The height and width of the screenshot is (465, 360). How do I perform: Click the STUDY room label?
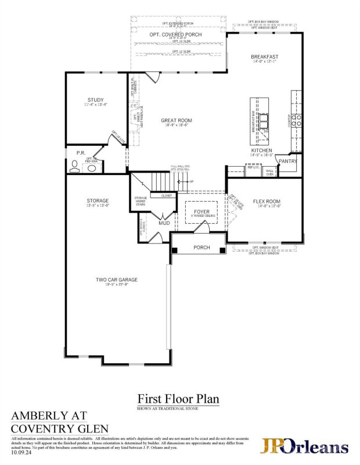click(96, 100)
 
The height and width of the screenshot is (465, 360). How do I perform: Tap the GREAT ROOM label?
click(176, 121)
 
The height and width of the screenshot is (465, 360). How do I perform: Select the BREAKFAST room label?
click(264, 57)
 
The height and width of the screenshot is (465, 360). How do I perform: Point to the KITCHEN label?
click(261, 150)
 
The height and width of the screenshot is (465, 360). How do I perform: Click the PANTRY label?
click(288, 161)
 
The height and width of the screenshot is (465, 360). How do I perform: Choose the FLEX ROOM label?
click(267, 201)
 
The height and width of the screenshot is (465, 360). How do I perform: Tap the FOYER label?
click(201, 212)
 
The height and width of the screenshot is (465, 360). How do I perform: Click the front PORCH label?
click(201, 248)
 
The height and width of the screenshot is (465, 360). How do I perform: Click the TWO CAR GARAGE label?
click(117, 280)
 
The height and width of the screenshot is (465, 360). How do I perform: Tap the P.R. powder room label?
click(81, 153)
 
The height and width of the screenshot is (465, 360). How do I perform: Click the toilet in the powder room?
click(74, 167)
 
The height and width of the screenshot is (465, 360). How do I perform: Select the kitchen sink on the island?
click(264, 120)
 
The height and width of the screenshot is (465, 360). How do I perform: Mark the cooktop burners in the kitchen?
click(296, 120)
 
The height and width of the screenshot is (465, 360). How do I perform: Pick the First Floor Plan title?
click(178, 399)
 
